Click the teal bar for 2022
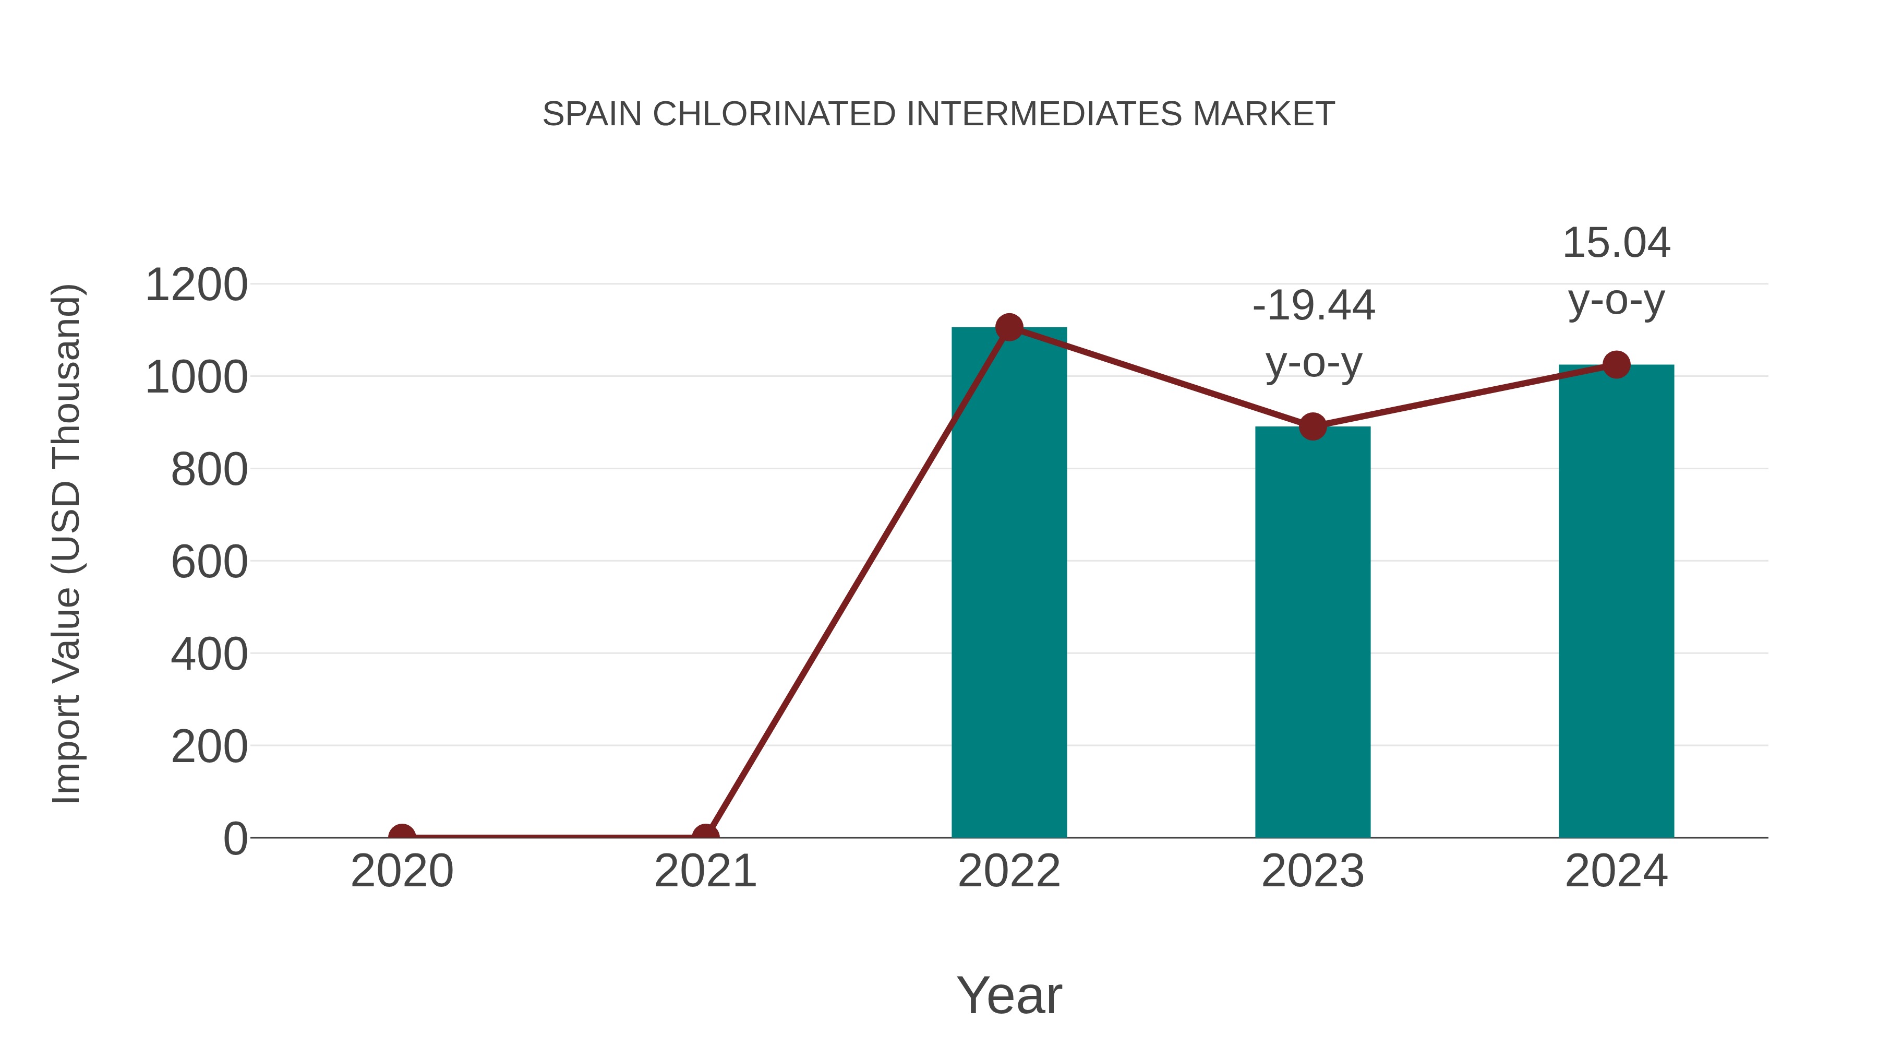tap(1009, 584)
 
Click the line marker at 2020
tap(402, 836)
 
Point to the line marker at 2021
tap(705, 836)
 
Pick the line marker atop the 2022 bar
tap(1009, 327)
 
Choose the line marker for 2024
tap(1616, 365)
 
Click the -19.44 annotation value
tap(1314, 306)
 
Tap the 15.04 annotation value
tap(1616, 243)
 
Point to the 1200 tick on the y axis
tap(197, 285)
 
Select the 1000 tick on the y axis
tap(197, 378)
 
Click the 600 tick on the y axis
tap(209, 562)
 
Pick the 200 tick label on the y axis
tap(209, 747)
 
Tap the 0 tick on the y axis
tap(235, 839)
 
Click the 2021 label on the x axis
tap(705, 872)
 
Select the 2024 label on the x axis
tap(1616, 872)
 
